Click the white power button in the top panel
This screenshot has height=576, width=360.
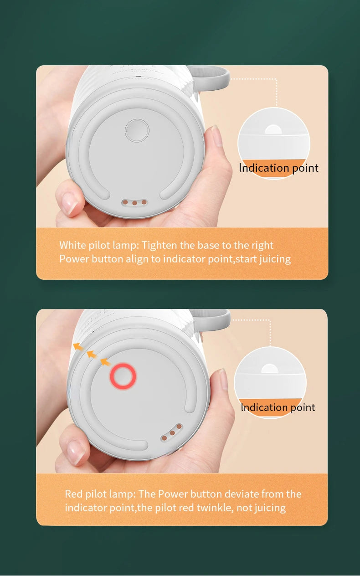[x=137, y=131]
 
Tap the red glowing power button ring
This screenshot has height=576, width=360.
[x=123, y=376]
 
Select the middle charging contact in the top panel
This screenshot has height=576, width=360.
[x=135, y=202]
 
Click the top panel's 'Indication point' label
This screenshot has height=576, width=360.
[x=278, y=168]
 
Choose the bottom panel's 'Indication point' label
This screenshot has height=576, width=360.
[x=278, y=407]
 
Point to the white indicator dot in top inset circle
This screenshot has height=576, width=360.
[x=273, y=129]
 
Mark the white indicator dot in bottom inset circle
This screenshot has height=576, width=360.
[x=271, y=369]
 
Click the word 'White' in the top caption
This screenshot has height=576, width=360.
[x=72, y=245]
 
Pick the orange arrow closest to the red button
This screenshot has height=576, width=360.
[x=105, y=362]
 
